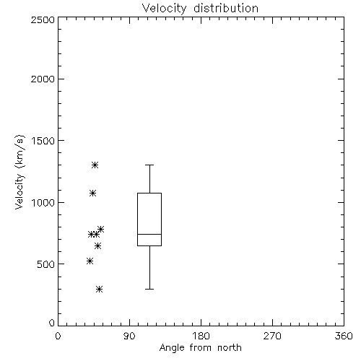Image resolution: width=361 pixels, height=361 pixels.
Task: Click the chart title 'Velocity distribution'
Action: (200, 8)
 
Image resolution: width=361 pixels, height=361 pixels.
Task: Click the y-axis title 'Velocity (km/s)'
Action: (19, 172)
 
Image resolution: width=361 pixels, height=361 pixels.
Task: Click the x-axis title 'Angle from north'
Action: (200, 348)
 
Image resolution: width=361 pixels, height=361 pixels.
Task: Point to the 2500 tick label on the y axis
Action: (43, 19)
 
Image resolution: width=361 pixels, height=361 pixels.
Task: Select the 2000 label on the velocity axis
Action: (43, 79)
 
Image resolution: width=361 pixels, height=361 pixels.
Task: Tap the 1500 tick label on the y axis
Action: (43, 141)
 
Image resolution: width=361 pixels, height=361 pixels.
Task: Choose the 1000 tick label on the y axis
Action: (43, 203)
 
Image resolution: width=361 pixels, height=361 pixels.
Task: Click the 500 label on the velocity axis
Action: (46, 264)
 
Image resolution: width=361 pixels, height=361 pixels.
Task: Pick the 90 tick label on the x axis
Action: (129, 336)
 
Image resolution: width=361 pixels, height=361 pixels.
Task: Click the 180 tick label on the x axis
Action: (201, 336)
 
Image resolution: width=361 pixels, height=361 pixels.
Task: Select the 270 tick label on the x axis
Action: (272, 336)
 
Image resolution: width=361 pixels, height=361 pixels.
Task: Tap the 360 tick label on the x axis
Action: (344, 336)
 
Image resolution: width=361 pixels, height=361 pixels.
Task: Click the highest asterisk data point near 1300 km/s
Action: (95, 165)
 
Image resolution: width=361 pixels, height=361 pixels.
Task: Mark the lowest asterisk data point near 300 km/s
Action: (100, 289)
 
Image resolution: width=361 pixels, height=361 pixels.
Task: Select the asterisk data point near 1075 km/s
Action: (92, 193)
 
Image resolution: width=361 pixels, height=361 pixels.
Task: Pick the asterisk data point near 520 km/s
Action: (90, 261)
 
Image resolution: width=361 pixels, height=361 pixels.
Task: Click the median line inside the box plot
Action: (149, 234)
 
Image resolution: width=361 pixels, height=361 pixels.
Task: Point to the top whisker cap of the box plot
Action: (149, 165)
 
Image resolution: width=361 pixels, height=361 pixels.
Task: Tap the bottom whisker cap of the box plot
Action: (149, 289)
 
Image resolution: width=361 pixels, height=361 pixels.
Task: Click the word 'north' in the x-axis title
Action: (230, 348)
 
